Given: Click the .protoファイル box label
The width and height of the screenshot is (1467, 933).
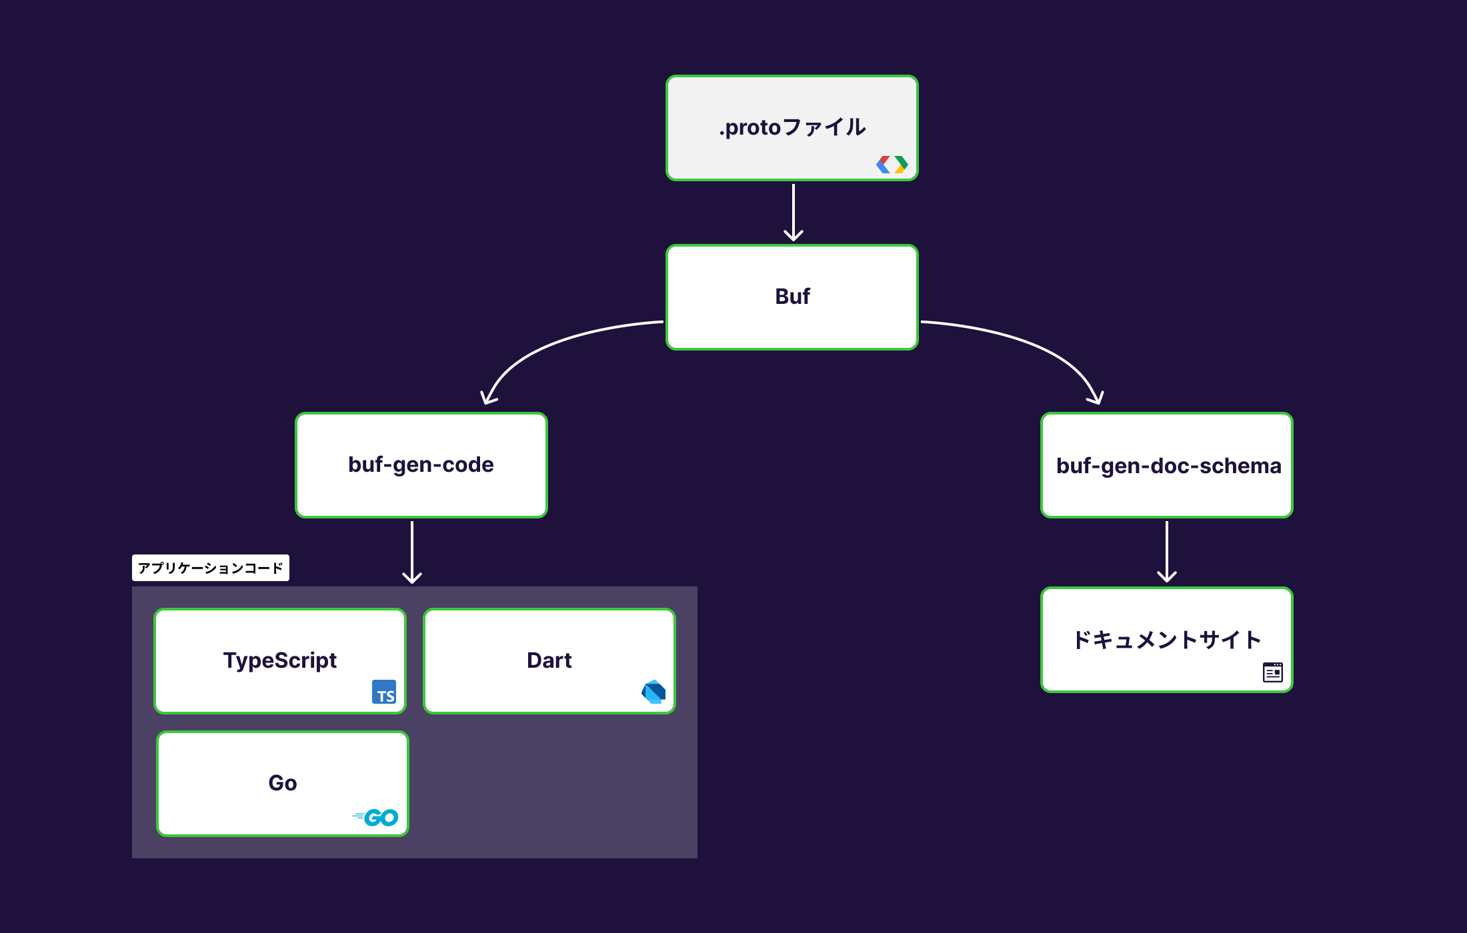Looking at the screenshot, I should tap(792, 127).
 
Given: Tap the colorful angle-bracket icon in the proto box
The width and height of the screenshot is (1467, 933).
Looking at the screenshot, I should tap(892, 164).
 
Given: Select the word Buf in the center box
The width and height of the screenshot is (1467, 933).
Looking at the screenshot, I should tap(792, 297).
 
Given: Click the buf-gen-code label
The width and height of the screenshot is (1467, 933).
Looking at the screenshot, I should tap(421, 465).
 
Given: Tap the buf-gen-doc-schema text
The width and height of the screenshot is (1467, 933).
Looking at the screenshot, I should tap(1168, 466).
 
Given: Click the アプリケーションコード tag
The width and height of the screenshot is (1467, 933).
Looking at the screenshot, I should tap(211, 568).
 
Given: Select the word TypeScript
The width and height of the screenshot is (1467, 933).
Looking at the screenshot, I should tap(279, 660).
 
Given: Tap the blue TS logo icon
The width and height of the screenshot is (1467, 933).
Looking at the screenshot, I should tap(384, 692).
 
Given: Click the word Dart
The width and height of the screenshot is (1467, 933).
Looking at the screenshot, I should tap(549, 660).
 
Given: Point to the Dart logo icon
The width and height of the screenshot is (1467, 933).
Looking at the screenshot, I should tap(653, 692).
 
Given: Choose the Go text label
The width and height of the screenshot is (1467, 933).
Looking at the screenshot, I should tap(282, 783).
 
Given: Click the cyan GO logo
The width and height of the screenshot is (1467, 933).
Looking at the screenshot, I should tap(377, 817).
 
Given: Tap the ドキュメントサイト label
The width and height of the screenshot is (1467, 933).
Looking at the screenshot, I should tap(1166, 640).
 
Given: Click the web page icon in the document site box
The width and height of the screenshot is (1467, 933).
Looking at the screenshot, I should tap(1272, 672).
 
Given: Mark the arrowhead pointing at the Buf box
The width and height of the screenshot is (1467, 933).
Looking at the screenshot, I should tap(793, 235).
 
